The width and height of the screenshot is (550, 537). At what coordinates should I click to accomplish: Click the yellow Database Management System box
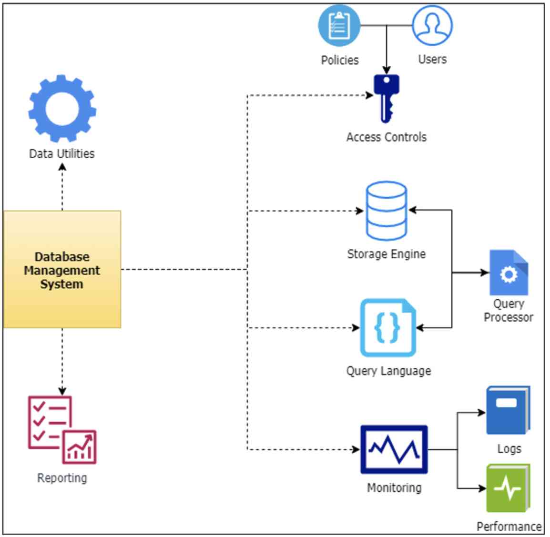(x=62, y=269)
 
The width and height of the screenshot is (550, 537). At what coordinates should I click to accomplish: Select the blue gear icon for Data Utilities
(x=62, y=108)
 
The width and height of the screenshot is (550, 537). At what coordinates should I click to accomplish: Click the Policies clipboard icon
(x=339, y=26)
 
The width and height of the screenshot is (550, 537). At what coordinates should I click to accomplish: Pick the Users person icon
(x=432, y=26)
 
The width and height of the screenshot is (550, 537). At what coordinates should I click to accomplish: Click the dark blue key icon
(x=387, y=98)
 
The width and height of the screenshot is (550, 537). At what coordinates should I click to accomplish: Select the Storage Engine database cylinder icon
(x=387, y=211)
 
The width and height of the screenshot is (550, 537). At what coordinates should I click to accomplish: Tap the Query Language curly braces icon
(x=388, y=327)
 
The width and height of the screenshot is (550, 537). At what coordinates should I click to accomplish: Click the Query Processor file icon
(x=509, y=273)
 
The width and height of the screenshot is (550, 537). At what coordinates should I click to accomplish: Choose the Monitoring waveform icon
(x=394, y=449)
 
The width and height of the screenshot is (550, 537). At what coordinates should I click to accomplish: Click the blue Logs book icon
(x=508, y=410)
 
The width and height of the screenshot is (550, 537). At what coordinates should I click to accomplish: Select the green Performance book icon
(x=508, y=488)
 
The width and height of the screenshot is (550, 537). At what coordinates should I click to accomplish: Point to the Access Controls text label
(x=387, y=137)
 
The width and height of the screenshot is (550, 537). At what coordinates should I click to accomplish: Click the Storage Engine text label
(x=386, y=254)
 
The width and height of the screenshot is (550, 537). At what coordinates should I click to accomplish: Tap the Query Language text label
(x=388, y=371)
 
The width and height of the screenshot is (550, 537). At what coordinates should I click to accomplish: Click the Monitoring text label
(x=394, y=487)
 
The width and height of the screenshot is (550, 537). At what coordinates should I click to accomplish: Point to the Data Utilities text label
(x=62, y=153)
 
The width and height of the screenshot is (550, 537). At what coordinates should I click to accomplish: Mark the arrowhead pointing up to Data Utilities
(x=62, y=167)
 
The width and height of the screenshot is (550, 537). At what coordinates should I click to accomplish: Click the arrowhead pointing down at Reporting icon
(x=62, y=391)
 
